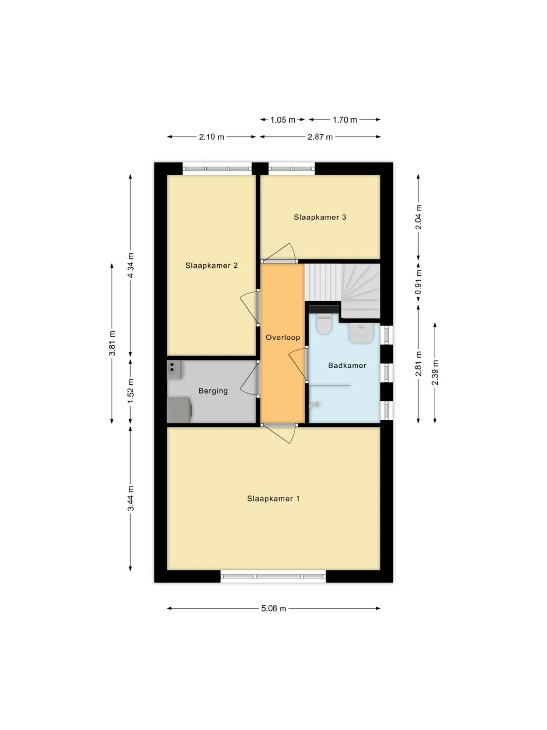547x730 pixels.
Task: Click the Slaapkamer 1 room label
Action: point(273,499)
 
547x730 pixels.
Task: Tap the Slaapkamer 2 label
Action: point(211,265)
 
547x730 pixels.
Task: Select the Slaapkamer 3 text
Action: point(320,217)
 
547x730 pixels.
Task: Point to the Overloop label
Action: point(283,337)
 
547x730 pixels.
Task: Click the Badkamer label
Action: point(347,365)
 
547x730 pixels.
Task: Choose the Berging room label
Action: point(213,391)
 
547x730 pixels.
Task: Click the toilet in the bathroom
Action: point(324,324)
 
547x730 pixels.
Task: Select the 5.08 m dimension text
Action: point(273,608)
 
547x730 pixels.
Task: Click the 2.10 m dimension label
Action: point(212,137)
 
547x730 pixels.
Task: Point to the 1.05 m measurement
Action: point(283,120)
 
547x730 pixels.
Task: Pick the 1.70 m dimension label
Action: point(345,120)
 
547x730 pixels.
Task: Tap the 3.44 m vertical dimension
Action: point(130,498)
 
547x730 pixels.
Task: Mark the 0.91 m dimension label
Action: point(418,282)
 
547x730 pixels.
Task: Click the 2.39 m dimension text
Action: point(435,373)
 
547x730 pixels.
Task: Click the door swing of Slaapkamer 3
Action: point(279,253)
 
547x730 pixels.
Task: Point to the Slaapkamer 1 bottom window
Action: point(273,576)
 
